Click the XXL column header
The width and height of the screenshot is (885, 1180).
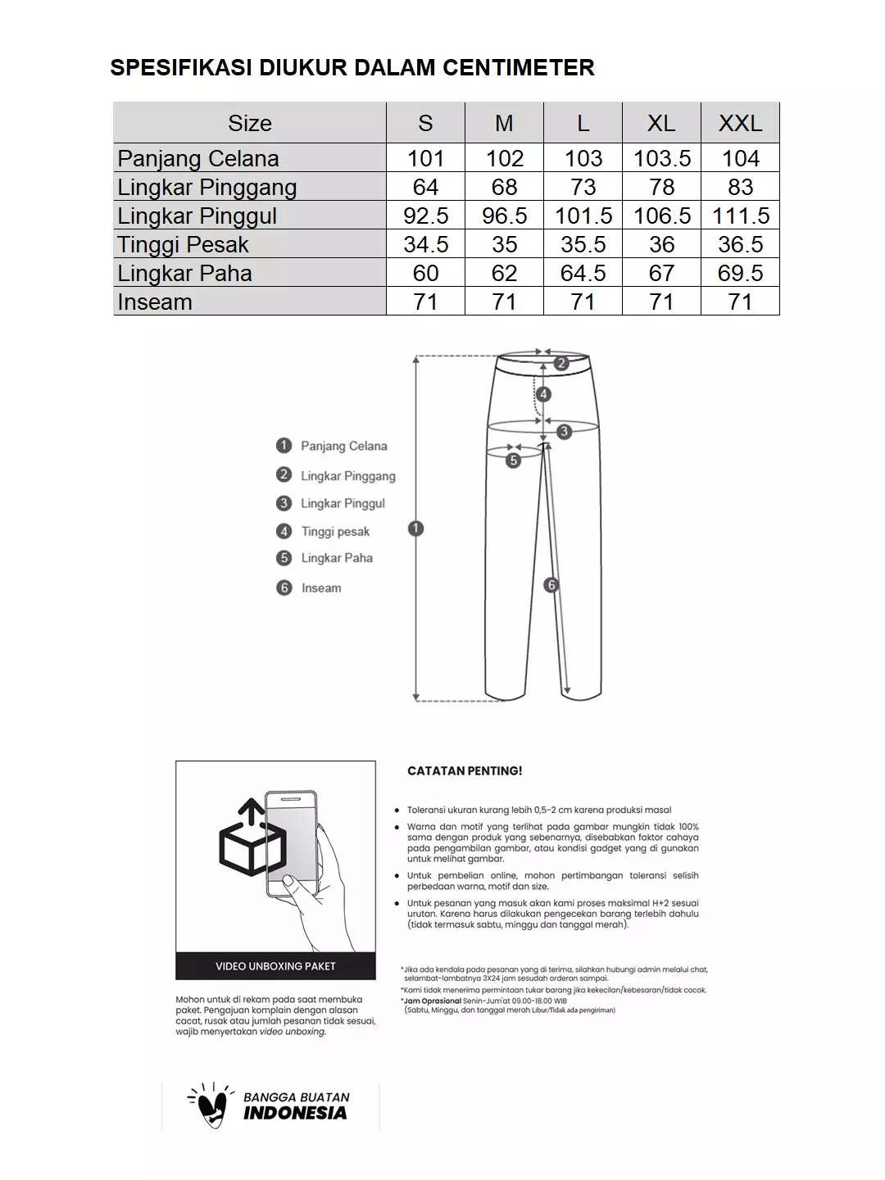[x=740, y=123]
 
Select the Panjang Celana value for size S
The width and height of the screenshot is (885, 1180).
[x=425, y=158]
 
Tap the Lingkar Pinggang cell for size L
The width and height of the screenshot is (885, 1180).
[x=583, y=187]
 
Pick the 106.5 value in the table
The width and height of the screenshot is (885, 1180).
[x=661, y=216]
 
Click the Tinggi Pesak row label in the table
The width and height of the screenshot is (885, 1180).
[x=183, y=244]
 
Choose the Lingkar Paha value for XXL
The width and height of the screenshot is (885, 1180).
[x=740, y=273]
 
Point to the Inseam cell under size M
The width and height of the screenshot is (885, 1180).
[x=504, y=302]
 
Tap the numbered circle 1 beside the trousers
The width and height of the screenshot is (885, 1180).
[x=415, y=529]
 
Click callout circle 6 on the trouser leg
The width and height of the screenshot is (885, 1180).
[x=551, y=585]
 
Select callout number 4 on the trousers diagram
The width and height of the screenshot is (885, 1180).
[x=543, y=394]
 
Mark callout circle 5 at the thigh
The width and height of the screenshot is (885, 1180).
[x=513, y=461]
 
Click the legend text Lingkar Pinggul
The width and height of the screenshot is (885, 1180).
[x=343, y=503]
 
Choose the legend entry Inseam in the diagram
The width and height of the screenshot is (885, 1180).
[x=320, y=588]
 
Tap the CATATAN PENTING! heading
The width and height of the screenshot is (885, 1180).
[x=465, y=771]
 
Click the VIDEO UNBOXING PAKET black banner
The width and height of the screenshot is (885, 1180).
[x=275, y=966]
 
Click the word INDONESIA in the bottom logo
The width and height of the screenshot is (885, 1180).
[x=295, y=1114]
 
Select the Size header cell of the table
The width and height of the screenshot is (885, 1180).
[x=249, y=123]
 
